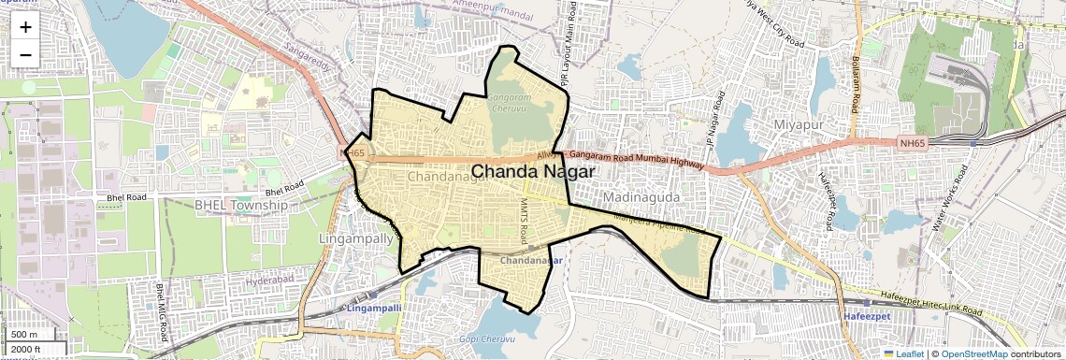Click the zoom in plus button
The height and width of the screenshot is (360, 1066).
pyautogui.click(x=25, y=26)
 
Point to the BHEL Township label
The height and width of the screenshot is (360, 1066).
pyautogui.click(x=241, y=205)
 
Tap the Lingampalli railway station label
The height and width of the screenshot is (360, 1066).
pyautogui.click(x=373, y=308)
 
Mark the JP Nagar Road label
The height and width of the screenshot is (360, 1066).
pyautogui.click(x=714, y=122)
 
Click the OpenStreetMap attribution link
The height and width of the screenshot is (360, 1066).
pyautogui.click(x=973, y=353)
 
